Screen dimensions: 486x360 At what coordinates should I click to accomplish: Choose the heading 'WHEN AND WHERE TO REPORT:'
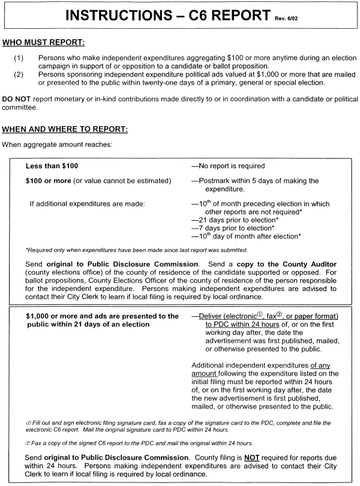coord(65,130)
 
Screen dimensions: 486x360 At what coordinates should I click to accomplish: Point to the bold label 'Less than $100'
coord(52,166)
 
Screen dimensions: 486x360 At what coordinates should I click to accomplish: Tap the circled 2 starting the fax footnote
coord(28,443)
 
